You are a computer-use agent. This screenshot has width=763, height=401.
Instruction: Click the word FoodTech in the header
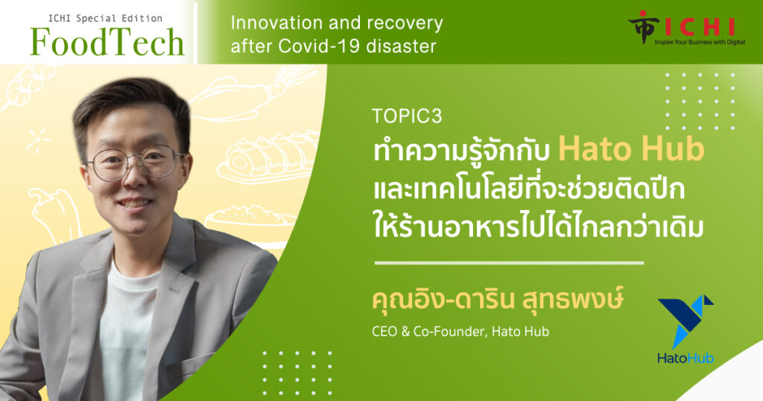pyautogui.click(x=107, y=42)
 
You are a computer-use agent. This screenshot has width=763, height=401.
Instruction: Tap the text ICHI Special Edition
pyautogui.click(x=105, y=19)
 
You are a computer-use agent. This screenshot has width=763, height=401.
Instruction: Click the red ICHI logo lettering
pyautogui.click(x=699, y=27)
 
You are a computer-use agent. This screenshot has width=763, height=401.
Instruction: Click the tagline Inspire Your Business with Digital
pyautogui.click(x=700, y=42)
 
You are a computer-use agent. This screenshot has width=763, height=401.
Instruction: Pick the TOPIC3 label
pyautogui.click(x=407, y=116)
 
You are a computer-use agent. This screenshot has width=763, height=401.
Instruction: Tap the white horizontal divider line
pyautogui.click(x=509, y=263)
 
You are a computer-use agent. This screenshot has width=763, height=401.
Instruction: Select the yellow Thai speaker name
pyautogui.click(x=497, y=300)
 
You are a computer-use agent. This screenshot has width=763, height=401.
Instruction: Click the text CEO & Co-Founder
pyautogui.click(x=428, y=332)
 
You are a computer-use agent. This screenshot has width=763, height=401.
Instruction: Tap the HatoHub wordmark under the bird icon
pyautogui.click(x=686, y=359)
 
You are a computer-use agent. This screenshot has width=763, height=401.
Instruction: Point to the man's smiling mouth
pyautogui.click(x=135, y=203)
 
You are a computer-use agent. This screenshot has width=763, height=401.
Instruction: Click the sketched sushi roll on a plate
pyautogui.click(x=267, y=157)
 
